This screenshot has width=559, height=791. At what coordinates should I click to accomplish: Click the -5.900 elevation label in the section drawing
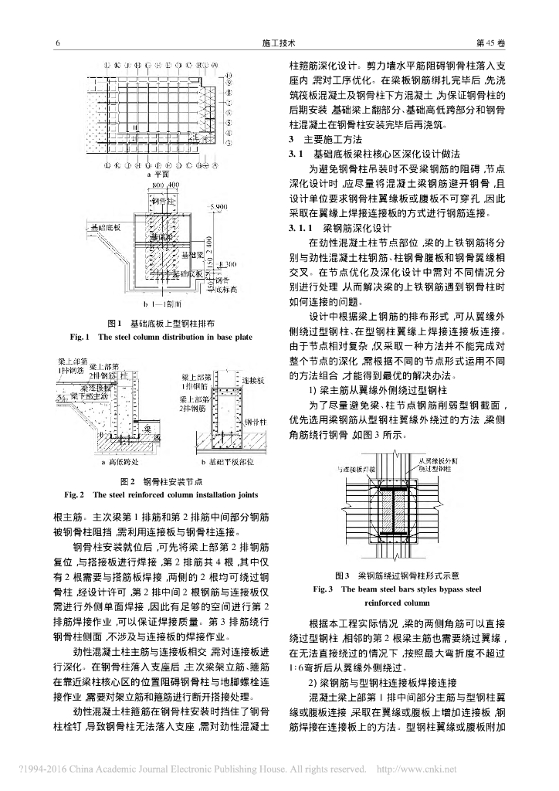coord(220,206)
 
